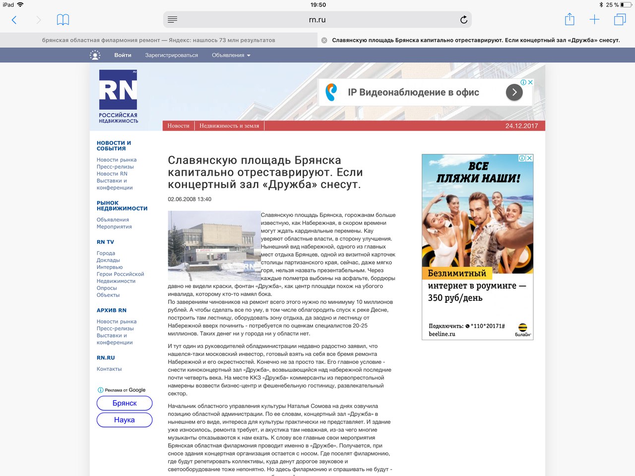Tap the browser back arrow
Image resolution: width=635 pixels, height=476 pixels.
(14, 20)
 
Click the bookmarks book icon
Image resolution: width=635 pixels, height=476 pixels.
(63, 20)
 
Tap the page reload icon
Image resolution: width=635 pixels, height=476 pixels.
(463, 20)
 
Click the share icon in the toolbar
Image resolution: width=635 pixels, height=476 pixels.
(570, 20)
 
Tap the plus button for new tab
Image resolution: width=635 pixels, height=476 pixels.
(594, 20)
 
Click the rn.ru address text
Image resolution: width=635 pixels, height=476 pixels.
(317, 20)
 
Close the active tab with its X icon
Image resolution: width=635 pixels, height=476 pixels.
(324, 40)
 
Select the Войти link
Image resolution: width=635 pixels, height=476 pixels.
(123, 55)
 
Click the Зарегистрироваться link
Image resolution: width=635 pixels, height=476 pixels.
(172, 55)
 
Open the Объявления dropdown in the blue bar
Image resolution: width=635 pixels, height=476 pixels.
(231, 55)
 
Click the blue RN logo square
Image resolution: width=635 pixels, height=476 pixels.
(118, 90)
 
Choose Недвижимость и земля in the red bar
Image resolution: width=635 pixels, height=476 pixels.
(229, 126)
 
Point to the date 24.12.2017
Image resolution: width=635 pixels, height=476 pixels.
(521, 126)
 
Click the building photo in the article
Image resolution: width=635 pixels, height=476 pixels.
(214, 246)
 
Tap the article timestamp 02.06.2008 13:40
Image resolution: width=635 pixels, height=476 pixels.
(190, 200)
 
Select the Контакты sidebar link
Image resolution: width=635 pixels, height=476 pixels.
(109, 369)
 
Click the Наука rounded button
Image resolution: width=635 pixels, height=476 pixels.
(125, 420)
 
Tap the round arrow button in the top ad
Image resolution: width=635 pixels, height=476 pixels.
(514, 92)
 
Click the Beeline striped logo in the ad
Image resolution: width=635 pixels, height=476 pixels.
(523, 328)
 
